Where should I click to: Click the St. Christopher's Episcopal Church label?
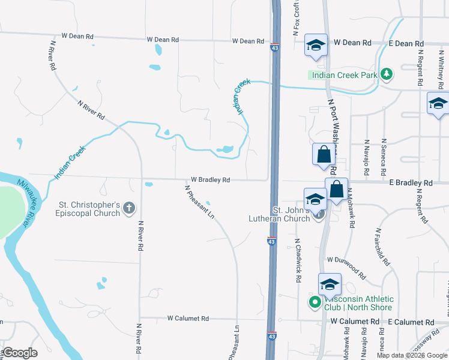(88, 209)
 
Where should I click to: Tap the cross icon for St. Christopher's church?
(128, 209)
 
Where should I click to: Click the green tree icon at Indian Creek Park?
(388, 74)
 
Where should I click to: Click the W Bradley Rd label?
(211, 179)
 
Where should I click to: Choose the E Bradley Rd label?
(411, 182)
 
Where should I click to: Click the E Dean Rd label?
(406, 44)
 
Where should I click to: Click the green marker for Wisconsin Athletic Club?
(315, 302)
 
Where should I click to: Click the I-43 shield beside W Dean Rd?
(274, 47)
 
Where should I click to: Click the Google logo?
(20, 353)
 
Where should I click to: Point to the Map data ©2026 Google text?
(411, 355)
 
